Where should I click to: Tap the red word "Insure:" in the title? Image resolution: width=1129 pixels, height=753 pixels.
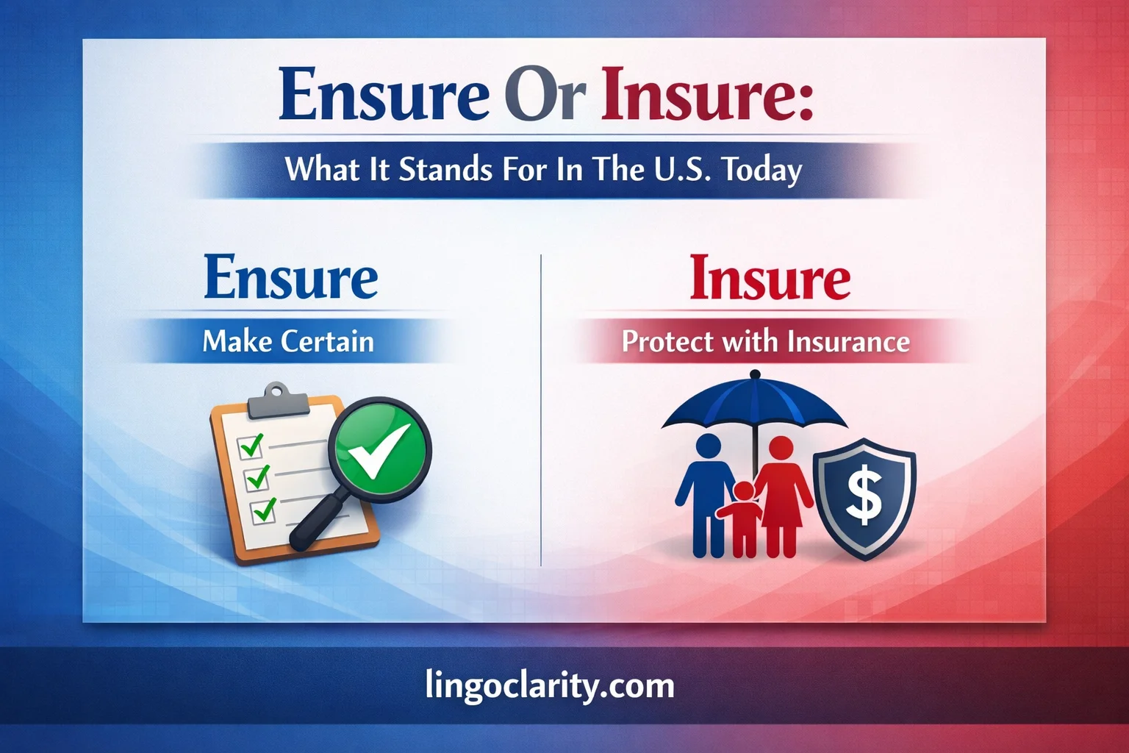[x=707, y=95]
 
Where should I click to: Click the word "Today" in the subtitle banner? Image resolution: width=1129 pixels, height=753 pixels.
[x=761, y=171]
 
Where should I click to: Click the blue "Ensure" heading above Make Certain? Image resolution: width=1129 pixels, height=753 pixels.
[x=291, y=278]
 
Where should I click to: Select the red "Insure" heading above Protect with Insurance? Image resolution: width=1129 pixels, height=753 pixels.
[x=770, y=279]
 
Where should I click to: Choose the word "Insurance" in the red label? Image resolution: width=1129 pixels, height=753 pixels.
[x=848, y=342]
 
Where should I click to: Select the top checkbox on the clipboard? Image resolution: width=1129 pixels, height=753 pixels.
[x=251, y=446]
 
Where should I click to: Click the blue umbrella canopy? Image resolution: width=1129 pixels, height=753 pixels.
[x=754, y=404]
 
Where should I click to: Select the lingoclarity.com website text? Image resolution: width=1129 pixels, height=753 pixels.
[x=550, y=685]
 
